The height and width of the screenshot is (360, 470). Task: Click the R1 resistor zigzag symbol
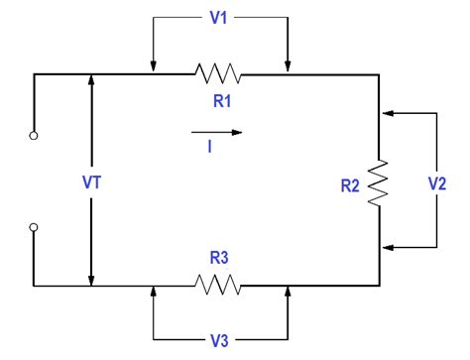(219, 73)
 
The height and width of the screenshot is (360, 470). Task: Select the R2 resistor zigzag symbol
(380, 182)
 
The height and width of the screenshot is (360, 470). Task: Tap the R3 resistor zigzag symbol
(219, 286)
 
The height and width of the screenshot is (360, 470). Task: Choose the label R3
(219, 257)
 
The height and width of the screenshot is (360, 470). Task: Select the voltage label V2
(437, 182)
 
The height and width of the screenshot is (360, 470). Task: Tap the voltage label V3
(219, 341)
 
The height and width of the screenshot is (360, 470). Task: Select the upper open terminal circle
(34, 135)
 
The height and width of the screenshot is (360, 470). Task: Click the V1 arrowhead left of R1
(154, 66)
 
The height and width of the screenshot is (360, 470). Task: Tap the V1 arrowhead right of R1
(287, 66)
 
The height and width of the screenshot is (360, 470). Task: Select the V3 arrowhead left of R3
(154, 293)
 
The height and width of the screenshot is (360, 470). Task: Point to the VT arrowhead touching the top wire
(91, 80)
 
